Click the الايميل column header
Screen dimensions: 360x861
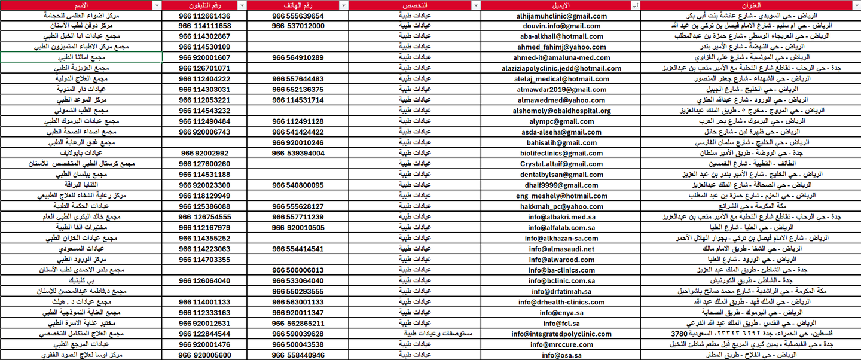coord(560,5)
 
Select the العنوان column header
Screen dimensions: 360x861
coord(750,5)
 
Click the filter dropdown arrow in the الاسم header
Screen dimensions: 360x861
coord(157,5)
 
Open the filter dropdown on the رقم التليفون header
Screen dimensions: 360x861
coord(242,5)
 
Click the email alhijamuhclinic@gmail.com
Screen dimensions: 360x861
coord(560,16)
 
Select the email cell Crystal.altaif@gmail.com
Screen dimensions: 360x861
coord(560,164)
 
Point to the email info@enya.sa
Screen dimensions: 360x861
coord(560,313)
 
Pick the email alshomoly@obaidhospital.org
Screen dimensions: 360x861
coord(560,111)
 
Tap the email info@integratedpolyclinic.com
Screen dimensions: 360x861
coord(560,334)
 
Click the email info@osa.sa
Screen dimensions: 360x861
coord(560,355)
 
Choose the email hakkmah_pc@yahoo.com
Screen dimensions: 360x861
coord(560,206)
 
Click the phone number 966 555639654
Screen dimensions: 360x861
coord(298,16)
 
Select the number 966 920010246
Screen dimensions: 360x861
coord(298,143)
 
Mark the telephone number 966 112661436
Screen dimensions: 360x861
coord(204,16)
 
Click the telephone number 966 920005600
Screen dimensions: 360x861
coord(204,355)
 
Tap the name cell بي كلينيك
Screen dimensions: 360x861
coord(82,280)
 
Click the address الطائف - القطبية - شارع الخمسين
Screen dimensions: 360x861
coord(750,164)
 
